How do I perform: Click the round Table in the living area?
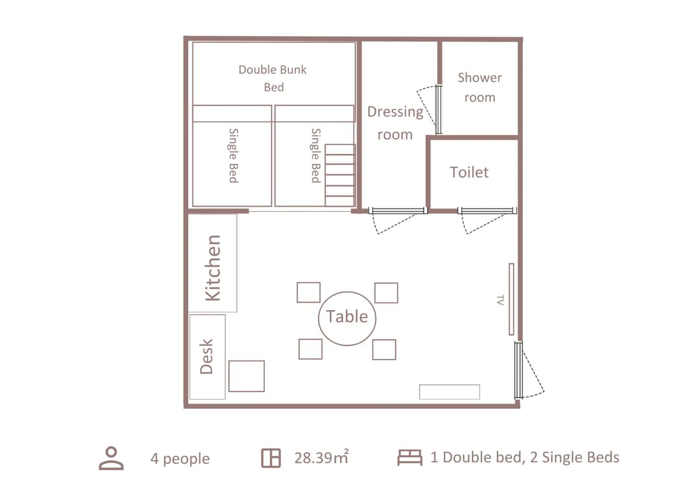pos(347,318)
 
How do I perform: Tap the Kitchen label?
pos(213,268)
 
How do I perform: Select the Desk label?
pos(206,356)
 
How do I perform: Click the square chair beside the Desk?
pos(246,376)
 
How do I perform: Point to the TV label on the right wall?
pos(500,300)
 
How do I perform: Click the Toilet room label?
pos(469,172)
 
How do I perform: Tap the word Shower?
pos(479,78)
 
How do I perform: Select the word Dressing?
pos(395,112)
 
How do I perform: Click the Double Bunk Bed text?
pos(273,78)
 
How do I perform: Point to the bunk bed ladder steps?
pos(340,175)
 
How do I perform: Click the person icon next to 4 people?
pos(111,458)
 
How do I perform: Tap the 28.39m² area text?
pos(321,458)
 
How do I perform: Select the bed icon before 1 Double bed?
pos(410,458)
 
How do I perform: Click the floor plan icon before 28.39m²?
pos(271,458)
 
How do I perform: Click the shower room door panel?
pos(439,109)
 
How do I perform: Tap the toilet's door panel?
pos(487,211)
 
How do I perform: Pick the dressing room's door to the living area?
pos(398,211)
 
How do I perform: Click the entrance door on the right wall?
pos(518,370)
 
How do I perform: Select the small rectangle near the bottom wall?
pos(449,392)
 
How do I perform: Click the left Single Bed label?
pos(234,156)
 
